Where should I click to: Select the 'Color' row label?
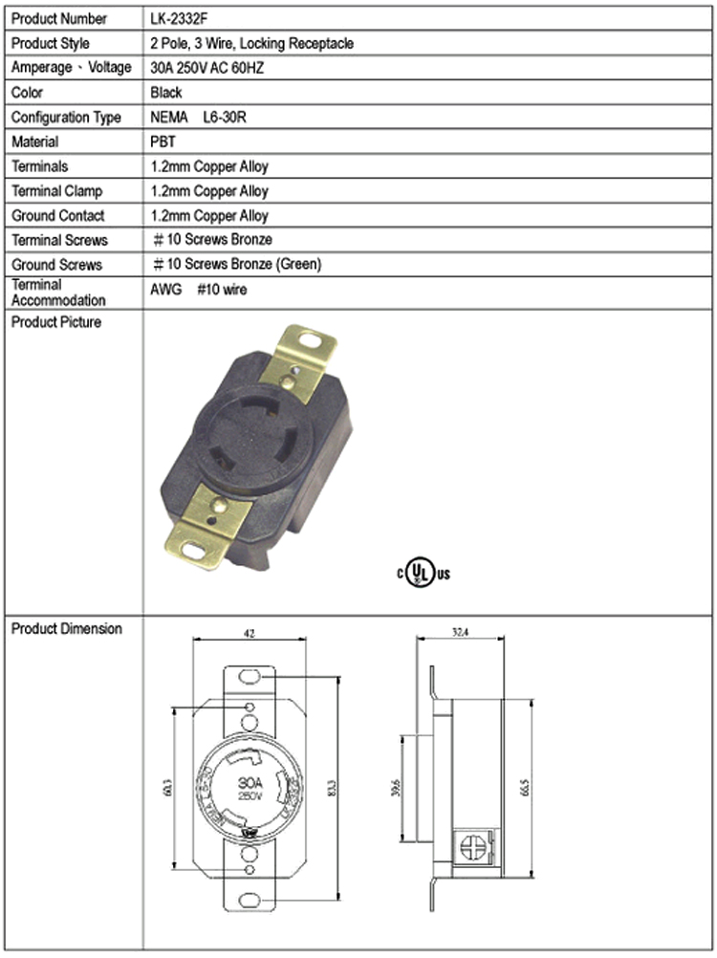tap(29, 93)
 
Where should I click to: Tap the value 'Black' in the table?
tap(166, 93)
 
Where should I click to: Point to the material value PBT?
tap(163, 142)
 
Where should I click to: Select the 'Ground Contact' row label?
tap(57, 216)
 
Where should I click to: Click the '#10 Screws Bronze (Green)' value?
tap(237, 265)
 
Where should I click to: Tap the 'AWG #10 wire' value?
tap(198, 289)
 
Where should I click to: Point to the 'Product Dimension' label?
tap(66, 629)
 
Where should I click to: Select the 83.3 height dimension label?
tap(331, 793)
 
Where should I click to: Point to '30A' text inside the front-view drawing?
tap(245, 782)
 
